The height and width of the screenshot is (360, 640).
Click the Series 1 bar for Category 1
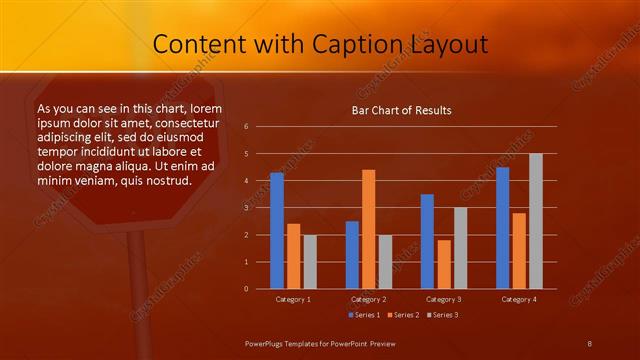pos(277,231)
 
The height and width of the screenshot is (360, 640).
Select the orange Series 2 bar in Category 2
pos(369,229)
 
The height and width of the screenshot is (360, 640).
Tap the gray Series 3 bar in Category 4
pos(536,221)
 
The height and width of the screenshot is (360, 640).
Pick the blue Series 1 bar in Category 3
pos(428,241)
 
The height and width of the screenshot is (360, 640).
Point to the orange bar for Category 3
pos(444,264)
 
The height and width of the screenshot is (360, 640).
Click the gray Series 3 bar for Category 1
pos(310,262)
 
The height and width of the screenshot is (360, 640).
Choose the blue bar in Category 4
pos(503,228)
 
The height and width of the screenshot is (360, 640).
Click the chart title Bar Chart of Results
pos(401,110)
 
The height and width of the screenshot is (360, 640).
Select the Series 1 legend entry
pos(364,315)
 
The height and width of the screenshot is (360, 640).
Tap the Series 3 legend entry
pos(444,315)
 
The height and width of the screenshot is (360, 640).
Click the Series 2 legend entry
pos(404,315)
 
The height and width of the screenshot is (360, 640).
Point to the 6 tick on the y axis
pos(247,127)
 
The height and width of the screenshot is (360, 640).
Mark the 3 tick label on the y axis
pos(247,208)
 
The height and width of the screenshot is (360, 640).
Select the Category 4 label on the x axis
pos(518,299)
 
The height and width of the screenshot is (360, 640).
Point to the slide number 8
pos(590,343)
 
